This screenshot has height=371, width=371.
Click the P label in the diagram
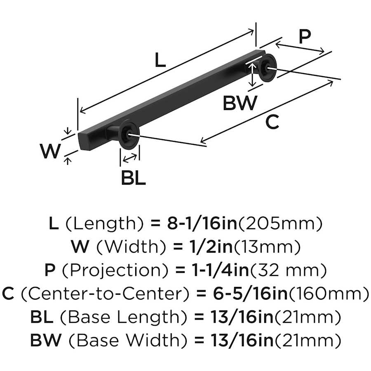click(304, 37)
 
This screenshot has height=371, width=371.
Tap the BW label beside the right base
click(240, 103)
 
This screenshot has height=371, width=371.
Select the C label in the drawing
click(272, 122)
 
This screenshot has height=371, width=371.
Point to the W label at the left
click(50, 151)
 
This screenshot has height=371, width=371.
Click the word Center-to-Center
click(105, 294)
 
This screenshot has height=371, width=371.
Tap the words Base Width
click(122, 341)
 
